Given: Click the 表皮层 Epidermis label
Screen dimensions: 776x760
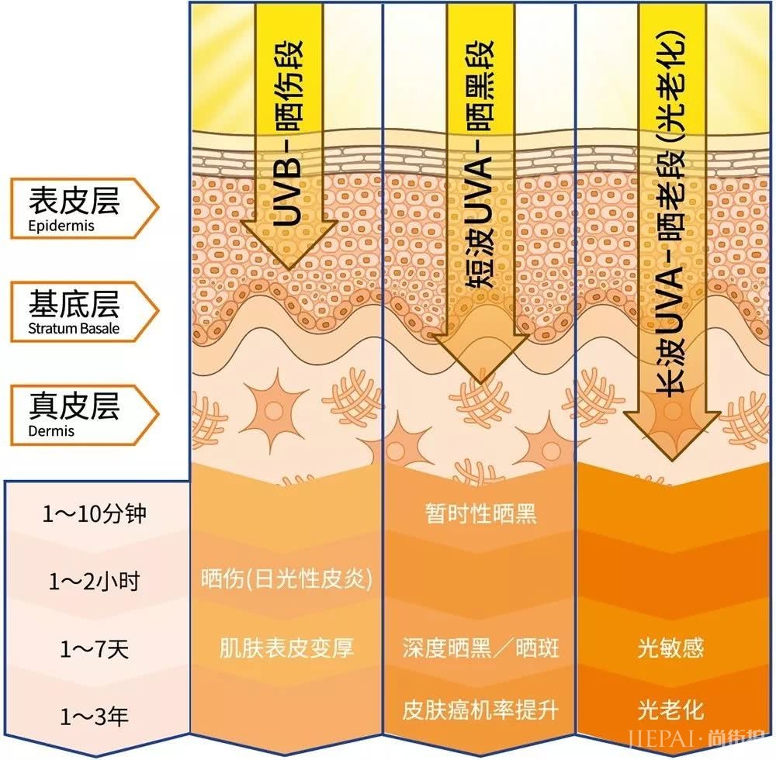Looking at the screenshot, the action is (x=84, y=208).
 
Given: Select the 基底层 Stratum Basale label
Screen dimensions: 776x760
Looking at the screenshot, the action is (x=84, y=312).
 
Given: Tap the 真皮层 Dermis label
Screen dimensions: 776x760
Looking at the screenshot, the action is (x=84, y=414).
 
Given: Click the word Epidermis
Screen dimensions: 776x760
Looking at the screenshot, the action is (x=61, y=226).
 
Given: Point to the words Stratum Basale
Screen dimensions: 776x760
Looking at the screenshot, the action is (x=74, y=328).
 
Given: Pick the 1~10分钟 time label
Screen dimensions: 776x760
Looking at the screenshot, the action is (x=95, y=513).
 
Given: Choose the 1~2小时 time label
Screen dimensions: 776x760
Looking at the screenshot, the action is (x=95, y=581).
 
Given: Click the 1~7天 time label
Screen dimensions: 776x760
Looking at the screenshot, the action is (x=95, y=649).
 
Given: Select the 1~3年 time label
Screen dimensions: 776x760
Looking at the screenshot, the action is (x=95, y=716).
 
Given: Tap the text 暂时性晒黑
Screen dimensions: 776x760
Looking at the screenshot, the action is (x=480, y=513).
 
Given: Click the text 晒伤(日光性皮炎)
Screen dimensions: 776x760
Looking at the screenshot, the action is (x=286, y=579).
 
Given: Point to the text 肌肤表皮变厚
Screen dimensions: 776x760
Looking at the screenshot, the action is (x=286, y=648).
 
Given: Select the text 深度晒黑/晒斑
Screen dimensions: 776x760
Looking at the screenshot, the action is (x=480, y=648).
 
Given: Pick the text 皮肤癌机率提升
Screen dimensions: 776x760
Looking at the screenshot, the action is (x=480, y=710).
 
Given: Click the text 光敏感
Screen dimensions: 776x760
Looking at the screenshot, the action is (x=670, y=648).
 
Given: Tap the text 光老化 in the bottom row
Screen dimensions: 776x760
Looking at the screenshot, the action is (x=670, y=710).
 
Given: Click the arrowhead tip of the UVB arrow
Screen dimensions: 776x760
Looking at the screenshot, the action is (x=289, y=268).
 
